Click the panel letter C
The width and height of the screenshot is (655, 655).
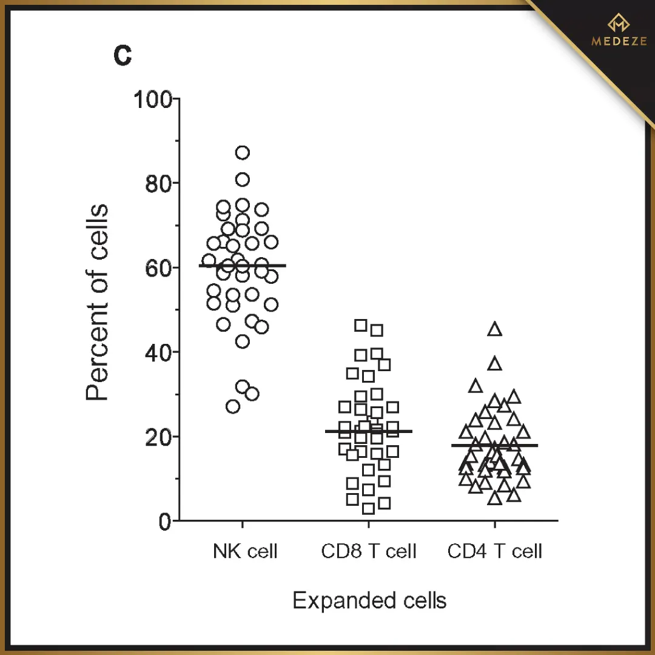[123, 56]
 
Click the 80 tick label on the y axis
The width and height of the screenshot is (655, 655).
[158, 183]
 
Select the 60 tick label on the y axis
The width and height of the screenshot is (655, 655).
[158, 267]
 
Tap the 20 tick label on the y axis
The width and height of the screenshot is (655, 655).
[158, 437]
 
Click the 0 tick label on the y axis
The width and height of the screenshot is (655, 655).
[165, 521]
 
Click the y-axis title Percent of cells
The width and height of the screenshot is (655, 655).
[97, 303]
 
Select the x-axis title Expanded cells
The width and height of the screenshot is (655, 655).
[369, 600]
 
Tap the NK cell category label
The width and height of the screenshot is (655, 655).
[245, 551]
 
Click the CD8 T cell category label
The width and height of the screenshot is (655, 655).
[369, 551]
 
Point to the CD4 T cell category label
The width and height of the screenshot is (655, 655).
[494, 551]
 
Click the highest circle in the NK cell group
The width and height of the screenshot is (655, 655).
[243, 152]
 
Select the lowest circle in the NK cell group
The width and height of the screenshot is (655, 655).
[233, 406]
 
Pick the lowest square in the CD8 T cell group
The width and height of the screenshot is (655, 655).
[368, 508]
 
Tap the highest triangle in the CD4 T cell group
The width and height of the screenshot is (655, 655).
[495, 329]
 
